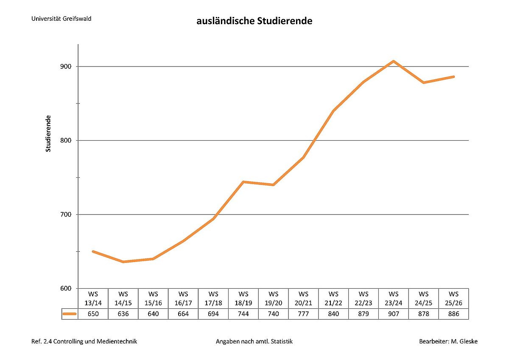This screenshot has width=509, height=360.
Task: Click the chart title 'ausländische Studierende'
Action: click(254, 21)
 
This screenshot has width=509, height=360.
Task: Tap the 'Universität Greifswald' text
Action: click(61, 19)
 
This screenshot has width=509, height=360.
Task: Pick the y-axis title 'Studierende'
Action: click(48, 133)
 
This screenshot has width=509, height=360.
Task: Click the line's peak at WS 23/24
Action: click(394, 61)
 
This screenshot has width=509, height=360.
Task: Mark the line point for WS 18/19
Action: click(243, 182)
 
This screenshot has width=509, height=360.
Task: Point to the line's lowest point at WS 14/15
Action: click(123, 262)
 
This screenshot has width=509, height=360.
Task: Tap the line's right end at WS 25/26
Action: click(453, 77)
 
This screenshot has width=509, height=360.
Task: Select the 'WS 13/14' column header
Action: click(93, 298)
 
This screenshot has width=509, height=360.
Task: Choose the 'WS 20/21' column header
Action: click(303, 298)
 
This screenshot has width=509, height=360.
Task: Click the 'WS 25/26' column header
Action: click(453, 298)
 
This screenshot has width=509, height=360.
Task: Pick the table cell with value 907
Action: click(394, 314)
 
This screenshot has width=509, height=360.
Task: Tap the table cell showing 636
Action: click(123, 314)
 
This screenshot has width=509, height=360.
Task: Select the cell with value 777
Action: click(303, 314)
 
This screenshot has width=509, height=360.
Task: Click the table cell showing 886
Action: click(453, 314)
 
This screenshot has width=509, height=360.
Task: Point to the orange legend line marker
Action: click(70, 314)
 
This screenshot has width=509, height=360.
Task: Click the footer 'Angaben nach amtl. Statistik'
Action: click(254, 341)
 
